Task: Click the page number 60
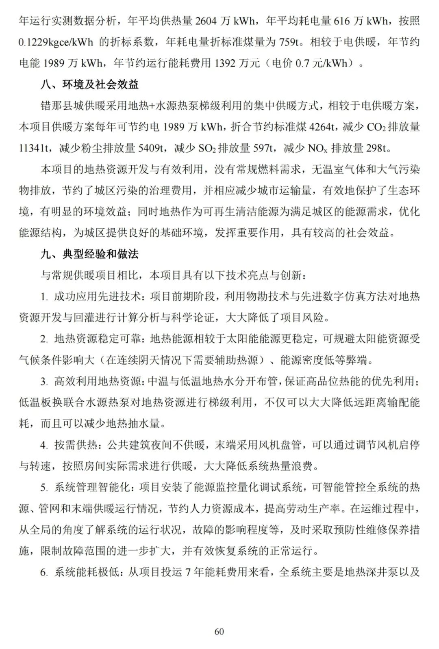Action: [219, 632]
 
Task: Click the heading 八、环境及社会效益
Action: [89, 84]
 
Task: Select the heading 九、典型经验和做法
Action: [89, 254]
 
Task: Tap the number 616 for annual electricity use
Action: [341, 21]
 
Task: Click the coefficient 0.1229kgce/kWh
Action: [56, 42]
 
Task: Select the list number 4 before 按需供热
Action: [43, 445]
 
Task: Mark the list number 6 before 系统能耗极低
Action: [43, 572]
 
